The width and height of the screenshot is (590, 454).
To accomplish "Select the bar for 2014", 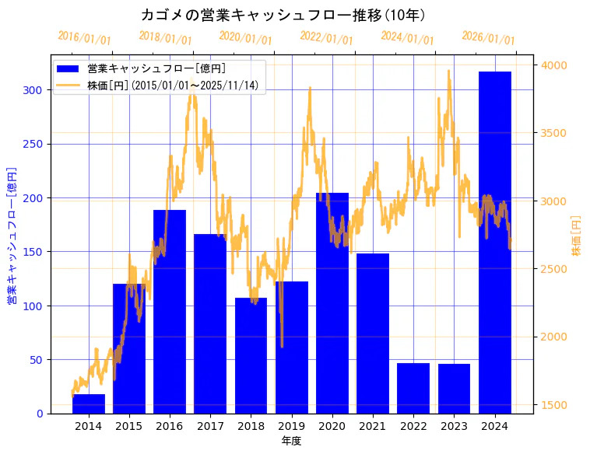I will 89,404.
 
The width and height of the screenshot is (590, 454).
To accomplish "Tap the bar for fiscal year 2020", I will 332,303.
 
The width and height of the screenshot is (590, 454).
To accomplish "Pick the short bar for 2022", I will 413,388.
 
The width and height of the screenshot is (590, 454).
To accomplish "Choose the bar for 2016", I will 170,311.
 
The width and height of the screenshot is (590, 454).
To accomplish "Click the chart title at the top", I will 283,15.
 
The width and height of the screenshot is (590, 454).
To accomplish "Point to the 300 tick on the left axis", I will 35,90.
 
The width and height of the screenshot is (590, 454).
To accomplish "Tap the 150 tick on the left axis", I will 35,252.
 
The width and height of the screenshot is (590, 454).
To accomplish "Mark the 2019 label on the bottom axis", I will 291,426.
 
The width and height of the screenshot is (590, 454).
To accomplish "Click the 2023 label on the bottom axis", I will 454,426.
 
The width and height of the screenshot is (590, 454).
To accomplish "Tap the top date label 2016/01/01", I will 85,38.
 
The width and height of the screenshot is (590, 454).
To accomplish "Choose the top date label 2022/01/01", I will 327,38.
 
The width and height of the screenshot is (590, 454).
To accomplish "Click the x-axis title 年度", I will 291,441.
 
